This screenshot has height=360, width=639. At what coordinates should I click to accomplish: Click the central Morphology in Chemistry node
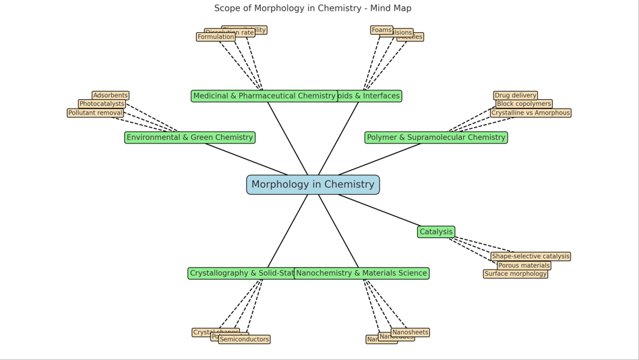click(x=313, y=185)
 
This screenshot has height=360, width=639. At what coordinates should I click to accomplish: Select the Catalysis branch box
click(x=436, y=232)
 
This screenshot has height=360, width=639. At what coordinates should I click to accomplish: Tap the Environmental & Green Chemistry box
click(x=189, y=138)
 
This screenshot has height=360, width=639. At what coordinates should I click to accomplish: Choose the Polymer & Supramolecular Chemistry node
click(x=436, y=138)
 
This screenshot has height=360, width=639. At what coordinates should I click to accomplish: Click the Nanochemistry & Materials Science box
click(x=362, y=274)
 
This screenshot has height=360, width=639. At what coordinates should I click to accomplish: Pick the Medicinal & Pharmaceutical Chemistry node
click(x=264, y=96)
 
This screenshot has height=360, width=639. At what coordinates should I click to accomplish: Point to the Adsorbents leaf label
click(x=111, y=96)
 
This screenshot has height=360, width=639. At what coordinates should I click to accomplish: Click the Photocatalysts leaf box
click(x=102, y=104)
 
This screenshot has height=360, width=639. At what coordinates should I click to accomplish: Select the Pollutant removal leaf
click(x=95, y=113)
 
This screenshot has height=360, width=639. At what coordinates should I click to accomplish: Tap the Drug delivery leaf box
click(x=516, y=96)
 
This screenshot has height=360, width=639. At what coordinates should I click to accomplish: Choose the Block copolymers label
click(x=524, y=104)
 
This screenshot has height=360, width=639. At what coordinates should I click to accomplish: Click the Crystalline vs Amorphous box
click(x=530, y=113)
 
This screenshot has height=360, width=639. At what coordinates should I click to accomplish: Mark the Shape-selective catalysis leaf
click(x=530, y=257)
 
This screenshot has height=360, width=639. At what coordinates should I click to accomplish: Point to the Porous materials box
click(x=524, y=266)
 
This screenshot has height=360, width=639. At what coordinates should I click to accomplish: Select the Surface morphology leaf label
click(x=516, y=274)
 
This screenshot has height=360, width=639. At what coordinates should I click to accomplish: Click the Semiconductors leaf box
click(x=244, y=340)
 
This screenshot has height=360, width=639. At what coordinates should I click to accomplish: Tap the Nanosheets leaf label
click(x=410, y=332)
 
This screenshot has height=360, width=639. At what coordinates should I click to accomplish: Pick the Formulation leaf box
click(x=216, y=37)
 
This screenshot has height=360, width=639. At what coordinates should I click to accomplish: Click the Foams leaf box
click(x=382, y=30)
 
